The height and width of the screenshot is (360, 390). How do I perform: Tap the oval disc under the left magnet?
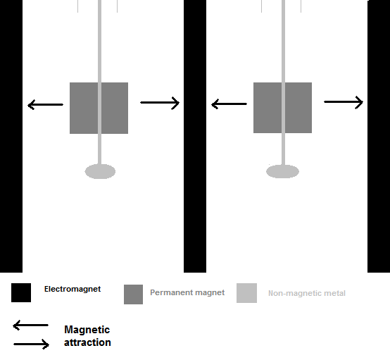[x=100, y=171]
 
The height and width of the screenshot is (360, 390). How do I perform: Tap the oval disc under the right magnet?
[x=282, y=171]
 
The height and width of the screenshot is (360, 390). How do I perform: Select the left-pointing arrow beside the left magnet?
[x=45, y=104]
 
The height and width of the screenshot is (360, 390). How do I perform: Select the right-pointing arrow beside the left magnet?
[x=160, y=103]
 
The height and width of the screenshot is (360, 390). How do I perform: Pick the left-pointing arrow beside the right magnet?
[x=229, y=104]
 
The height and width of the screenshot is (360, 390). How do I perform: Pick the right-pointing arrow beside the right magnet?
[x=344, y=102]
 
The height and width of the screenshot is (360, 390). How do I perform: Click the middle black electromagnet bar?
[x=195, y=136]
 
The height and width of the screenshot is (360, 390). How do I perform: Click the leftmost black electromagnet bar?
[x=11, y=136]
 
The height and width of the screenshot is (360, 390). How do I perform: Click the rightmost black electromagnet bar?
[x=379, y=136]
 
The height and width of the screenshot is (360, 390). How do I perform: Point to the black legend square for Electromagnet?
[x=21, y=292]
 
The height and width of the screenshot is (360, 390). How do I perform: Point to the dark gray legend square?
[x=133, y=294]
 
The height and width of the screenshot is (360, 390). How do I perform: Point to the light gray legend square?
[x=246, y=293]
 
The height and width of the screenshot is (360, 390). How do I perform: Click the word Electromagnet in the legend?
[x=73, y=289]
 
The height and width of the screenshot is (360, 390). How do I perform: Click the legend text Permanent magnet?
[x=187, y=292]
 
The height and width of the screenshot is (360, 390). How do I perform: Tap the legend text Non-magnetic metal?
[x=307, y=293]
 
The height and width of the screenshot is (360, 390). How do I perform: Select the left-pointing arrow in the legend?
[x=30, y=325]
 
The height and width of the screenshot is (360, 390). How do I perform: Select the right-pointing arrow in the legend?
[x=32, y=344]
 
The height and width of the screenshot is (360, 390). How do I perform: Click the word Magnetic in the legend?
[x=87, y=330]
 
